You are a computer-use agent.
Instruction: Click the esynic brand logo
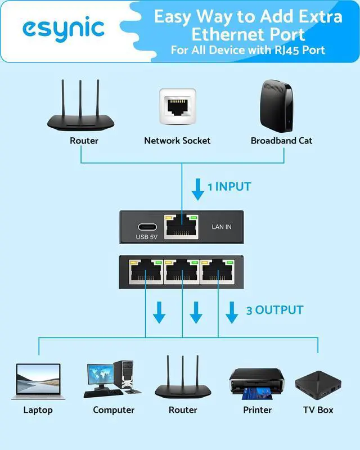coord(63,28)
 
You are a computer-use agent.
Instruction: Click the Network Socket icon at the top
coord(177,107)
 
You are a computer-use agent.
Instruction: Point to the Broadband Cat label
coord(281,141)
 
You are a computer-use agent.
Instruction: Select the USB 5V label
coord(146,237)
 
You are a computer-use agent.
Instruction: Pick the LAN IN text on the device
coord(221,227)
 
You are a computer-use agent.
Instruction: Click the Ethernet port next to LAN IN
coord(181,227)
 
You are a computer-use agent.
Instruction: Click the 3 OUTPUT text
coord(274,310)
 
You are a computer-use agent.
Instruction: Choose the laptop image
coord(38,381)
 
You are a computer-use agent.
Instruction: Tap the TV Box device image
coord(317,384)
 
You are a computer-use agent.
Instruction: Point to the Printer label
coord(257,410)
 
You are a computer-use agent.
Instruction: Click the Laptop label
coord(38,410)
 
